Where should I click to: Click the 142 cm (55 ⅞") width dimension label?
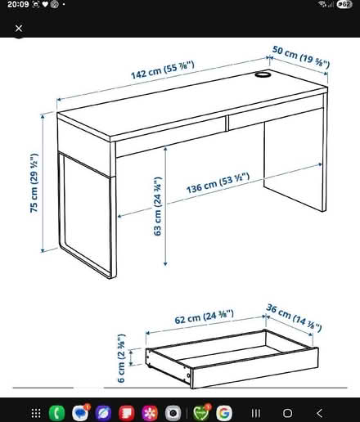(x=162, y=71)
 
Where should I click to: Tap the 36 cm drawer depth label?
(x=293, y=316)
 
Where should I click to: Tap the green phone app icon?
(x=57, y=412)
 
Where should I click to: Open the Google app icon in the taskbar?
(x=223, y=412)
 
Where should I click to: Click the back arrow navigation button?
(x=319, y=412)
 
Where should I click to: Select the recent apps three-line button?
(x=254, y=412)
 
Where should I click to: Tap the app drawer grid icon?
(x=35, y=412)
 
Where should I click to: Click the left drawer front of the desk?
(x=168, y=135)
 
